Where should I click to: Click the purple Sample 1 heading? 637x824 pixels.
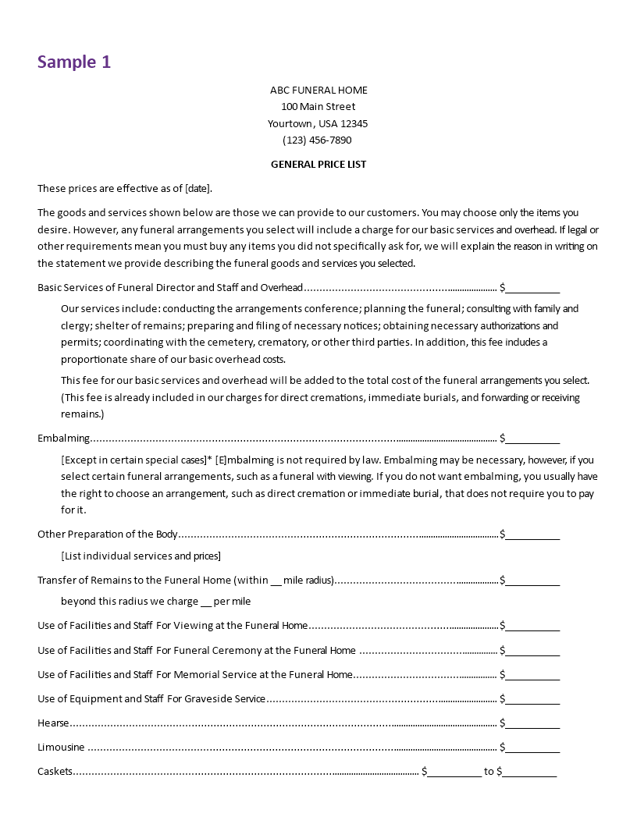[74, 62]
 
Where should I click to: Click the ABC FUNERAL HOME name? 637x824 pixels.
[318, 90]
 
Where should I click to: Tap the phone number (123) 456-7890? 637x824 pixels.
[317, 140]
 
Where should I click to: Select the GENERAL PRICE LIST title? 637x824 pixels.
[318, 165]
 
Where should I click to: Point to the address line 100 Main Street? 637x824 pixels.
[318, 107]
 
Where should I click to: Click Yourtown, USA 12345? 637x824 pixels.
[318, 123]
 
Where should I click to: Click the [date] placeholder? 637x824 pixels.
[197, 189]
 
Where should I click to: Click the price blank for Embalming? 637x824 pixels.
[532, 439]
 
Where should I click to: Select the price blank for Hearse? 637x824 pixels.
[532, 724]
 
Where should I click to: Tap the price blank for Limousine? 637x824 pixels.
[532, 748]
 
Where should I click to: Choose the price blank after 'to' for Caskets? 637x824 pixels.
[529, 772]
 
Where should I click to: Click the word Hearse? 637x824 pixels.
[53, 723]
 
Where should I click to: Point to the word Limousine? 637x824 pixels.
[61, 748]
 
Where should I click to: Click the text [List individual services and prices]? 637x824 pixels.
[141, 556]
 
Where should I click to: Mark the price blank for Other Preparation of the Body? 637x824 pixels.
[532, 535]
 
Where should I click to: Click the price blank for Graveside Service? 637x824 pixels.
[532, 700]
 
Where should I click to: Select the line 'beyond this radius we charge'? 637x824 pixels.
[156, 602]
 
